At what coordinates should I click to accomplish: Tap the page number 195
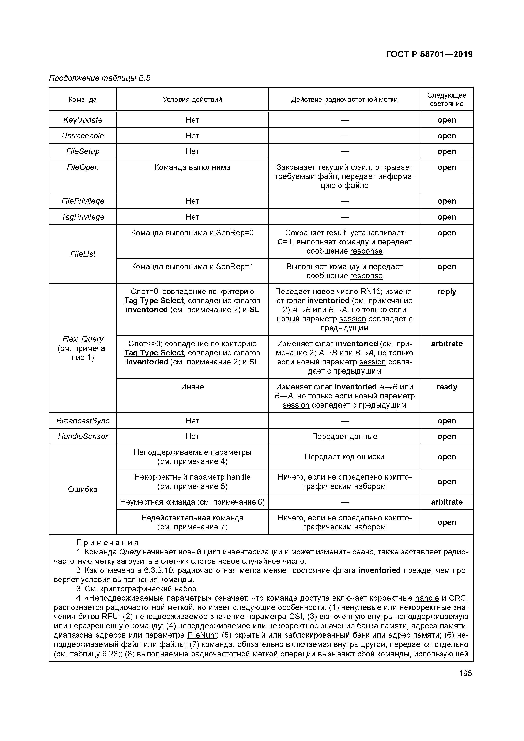[465, 673]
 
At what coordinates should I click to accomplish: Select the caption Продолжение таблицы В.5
[100, 78]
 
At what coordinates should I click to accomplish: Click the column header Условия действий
[192, 99]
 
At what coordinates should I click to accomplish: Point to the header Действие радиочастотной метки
[344, 99]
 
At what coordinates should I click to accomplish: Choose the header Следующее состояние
[446, 99]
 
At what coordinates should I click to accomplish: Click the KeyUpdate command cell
[83, 120]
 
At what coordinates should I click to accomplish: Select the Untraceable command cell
[83, 136]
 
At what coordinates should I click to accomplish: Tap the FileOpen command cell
[83, 167]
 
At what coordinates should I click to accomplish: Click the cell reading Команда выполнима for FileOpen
[192, 167]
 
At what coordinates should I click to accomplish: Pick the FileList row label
[83, 254]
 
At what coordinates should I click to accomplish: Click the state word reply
[446, 291]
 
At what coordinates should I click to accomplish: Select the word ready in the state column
[446, 387]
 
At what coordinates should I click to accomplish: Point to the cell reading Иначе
[192, 387]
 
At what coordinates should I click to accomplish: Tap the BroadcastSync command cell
[83, 421]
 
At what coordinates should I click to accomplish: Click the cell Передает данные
[344, 436]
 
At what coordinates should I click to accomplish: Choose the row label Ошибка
[83, 489]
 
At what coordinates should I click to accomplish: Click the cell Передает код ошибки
[344, 457]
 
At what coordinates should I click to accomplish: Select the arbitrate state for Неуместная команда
[446, 502]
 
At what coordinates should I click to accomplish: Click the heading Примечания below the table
[108, 543]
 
